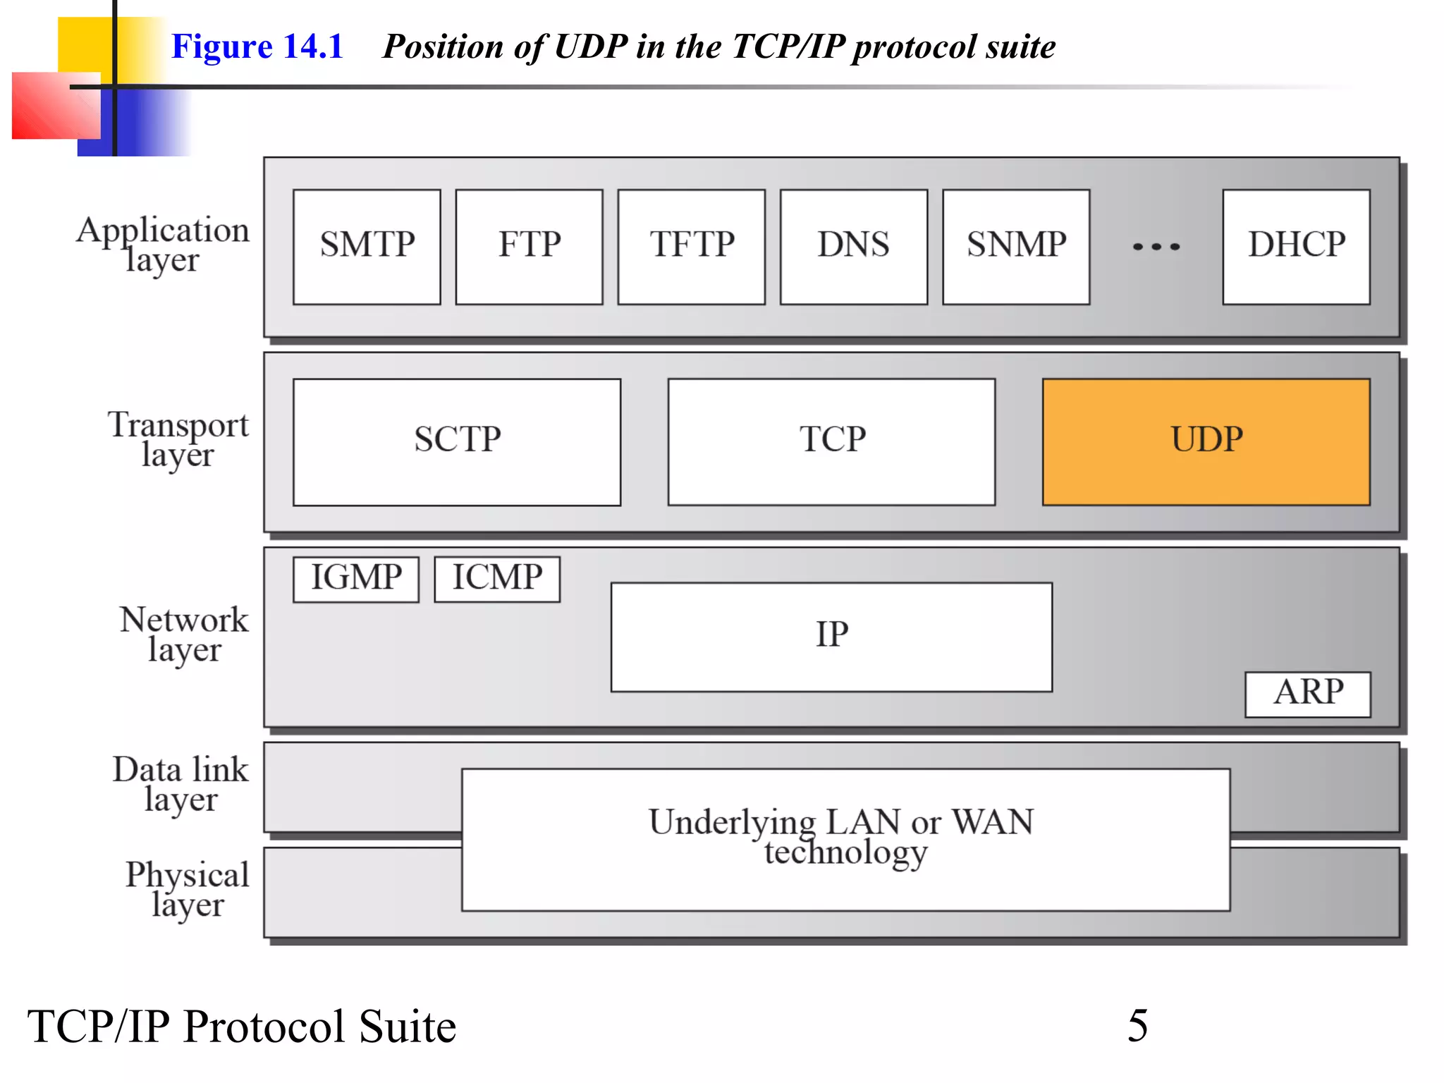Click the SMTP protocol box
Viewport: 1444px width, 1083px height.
(x=367, y=247)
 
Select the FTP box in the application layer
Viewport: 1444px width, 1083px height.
(x=529, y=247)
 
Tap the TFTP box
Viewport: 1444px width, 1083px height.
(x=691, y=247)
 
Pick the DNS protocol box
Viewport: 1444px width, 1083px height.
(x=853, y=247)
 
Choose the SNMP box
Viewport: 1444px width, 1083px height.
(x=1016, y=247)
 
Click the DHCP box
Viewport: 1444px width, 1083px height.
(x=1296, y=247)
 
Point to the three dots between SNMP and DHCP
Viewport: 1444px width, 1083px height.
(x=1156, y=247)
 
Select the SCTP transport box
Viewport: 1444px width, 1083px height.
(x=457, y=442)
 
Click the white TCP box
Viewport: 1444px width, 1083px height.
(x=831, y=442)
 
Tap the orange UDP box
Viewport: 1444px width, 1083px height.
(x=1206, y=442)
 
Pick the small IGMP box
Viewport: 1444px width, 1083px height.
(x=356, y=579)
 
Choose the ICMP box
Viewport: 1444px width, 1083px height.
(x=497, y=579)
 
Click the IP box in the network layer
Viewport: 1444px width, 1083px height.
(x=831, y=637)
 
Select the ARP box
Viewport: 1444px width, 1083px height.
(x=1307, y=694)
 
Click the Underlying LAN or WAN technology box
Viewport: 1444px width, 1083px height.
(x=845, y=839)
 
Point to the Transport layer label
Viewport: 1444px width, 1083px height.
(x=178, y=439)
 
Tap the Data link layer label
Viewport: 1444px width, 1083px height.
(x=180, y=783)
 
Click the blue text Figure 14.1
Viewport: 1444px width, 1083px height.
(x=257, y=47)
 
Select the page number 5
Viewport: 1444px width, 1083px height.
(x=1137, y=1025)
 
